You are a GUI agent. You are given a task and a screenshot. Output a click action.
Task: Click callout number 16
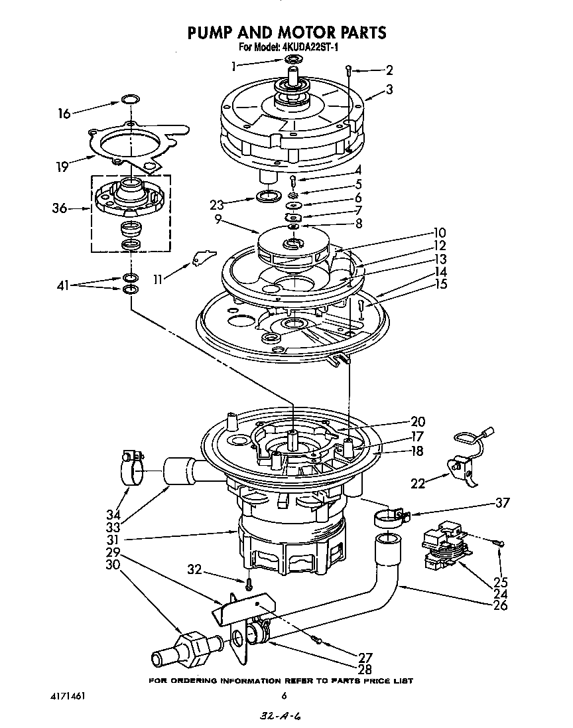pos(64,113)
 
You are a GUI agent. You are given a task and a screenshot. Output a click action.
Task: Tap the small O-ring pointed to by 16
pos(131,100)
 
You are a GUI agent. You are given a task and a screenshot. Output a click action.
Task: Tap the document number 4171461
pos(69,696)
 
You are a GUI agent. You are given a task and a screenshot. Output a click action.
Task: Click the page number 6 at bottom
pos(284,696)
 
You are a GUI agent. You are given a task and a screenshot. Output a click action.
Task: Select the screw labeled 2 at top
pos(350,69)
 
